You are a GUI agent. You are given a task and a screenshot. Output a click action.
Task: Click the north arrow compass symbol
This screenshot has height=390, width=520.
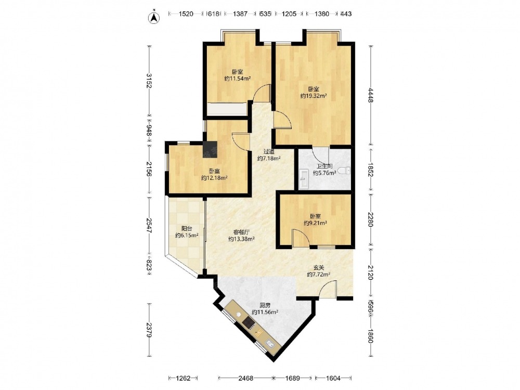[153, 18]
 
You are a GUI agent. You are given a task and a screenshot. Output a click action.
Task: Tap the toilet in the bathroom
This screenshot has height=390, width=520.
[345, 171]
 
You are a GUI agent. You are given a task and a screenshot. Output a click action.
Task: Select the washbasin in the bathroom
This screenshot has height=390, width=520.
[304, 178]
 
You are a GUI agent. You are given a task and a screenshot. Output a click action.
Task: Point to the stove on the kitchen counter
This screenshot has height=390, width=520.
[249, 322]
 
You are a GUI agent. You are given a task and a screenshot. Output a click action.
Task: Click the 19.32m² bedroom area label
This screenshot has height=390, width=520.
[314, 96]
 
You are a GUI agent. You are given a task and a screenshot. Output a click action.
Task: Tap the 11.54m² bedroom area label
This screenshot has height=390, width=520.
[237, 79]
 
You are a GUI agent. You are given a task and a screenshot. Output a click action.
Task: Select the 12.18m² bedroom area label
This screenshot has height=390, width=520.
[214, 178]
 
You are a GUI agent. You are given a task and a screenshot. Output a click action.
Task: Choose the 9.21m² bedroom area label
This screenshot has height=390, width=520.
[316, 223]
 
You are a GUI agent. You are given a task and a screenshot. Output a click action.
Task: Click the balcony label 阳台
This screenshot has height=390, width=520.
[187, 228]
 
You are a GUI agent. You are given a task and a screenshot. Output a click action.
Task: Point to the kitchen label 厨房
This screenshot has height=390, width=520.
[265, 305]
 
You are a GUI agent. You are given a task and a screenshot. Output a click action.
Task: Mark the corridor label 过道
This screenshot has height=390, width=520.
[269, 151]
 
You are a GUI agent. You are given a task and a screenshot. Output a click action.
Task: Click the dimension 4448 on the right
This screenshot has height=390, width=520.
[370, 95]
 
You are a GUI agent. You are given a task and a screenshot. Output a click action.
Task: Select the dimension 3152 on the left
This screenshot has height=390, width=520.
[149, 81]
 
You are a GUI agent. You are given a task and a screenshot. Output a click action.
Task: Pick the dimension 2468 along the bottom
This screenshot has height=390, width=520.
[246, 378]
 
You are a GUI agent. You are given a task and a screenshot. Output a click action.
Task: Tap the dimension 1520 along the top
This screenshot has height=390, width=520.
[186, 14]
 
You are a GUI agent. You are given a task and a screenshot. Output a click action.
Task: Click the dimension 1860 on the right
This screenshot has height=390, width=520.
[370, 335]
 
